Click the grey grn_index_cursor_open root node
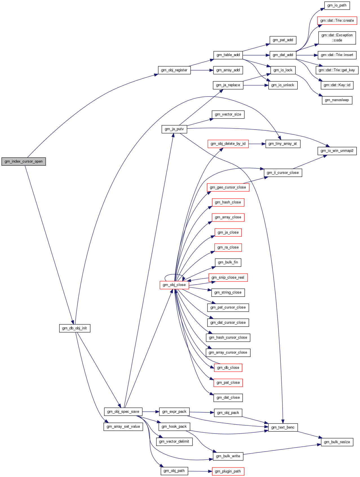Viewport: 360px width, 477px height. click(24, 161)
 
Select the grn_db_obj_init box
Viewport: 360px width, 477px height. click(75, 328)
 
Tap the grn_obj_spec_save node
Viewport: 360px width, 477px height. click(123, 412)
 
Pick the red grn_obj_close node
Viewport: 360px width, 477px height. click(174, 285)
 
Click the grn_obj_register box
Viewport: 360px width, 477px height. click(174, 70)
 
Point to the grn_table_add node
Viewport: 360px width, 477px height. click(228, 55)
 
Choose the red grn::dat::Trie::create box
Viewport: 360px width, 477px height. click(337, 21)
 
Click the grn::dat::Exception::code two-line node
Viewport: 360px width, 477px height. click(337, 38)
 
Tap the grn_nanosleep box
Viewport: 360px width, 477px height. click(337, 100)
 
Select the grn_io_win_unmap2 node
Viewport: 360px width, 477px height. click(337, 151)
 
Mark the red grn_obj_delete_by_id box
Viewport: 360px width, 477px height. click(228, 144)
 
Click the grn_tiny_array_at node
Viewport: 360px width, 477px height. click(283, 144)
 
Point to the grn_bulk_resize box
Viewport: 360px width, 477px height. click(337, 442)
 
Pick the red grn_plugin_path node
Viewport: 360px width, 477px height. click(228, 471)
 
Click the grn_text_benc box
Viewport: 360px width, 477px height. click(283, 427)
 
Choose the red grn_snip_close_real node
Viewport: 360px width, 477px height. click(228, 278)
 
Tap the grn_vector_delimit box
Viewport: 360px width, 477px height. click(174, 441)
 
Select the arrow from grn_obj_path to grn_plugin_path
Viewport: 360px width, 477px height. click(200, 471)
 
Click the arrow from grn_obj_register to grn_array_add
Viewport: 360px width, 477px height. click(202, 70)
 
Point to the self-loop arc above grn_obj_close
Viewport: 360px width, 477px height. click(174, 274)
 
